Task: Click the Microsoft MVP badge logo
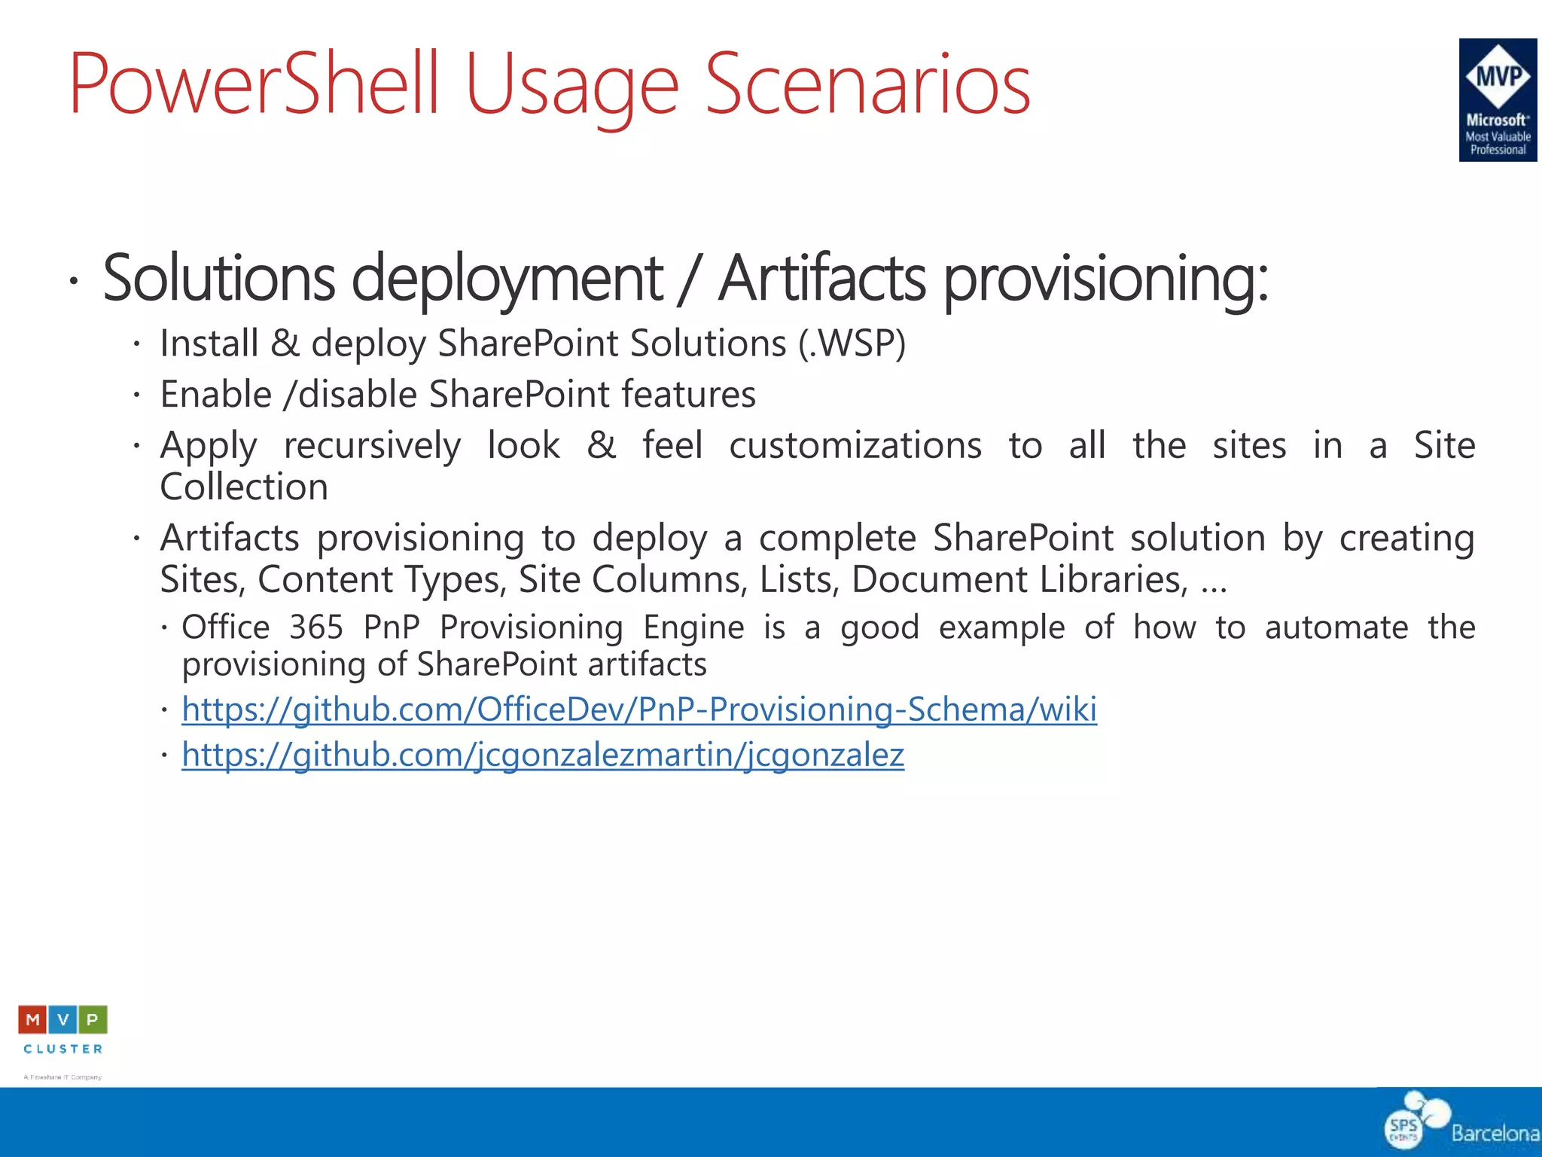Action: pyautogui.click(x=1497, y=99)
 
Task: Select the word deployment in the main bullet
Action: pyautogui.click(x=507, y=279)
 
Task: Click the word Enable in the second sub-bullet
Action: pyautogui.click(x=216, y=395)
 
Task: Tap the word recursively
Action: pyautogui.click(x=372, y=446)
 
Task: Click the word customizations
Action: pyautogui.click(x=855, y=446)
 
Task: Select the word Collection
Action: pyautogui.click(x=244, y=487)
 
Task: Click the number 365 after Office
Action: pyautogui.click(x=316, y=627)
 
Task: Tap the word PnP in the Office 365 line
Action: pyautogui.click(x=392, y=627)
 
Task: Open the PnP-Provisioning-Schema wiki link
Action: pyautogui.click(x=638, y=710)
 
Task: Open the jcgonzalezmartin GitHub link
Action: pyautogui.click(x=542, y=755)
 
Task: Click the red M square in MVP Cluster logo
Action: pyautogui.click(x=32, y=1020)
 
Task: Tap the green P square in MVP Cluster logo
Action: pyautogui.click(x=93, y=1020)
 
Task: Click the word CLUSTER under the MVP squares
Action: pyautogui.click(x=63, y=1049)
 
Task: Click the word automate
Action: pyautogui.click(x=1336, y=627)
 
